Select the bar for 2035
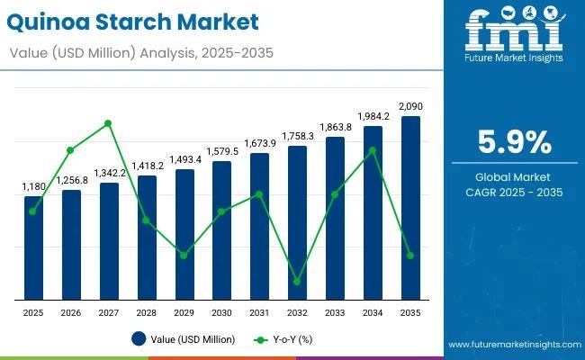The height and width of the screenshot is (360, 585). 410,207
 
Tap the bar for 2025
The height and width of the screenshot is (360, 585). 33,247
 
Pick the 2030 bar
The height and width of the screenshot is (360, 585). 221,229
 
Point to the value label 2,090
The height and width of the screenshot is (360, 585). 410,106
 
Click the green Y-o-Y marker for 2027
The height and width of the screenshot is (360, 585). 109,123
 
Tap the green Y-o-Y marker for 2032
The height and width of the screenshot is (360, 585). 297,282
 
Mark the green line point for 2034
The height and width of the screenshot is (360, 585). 373,150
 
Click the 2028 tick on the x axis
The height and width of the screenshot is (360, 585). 147,311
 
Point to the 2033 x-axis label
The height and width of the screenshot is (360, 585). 335,311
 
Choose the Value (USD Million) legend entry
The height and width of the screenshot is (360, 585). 184,339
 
